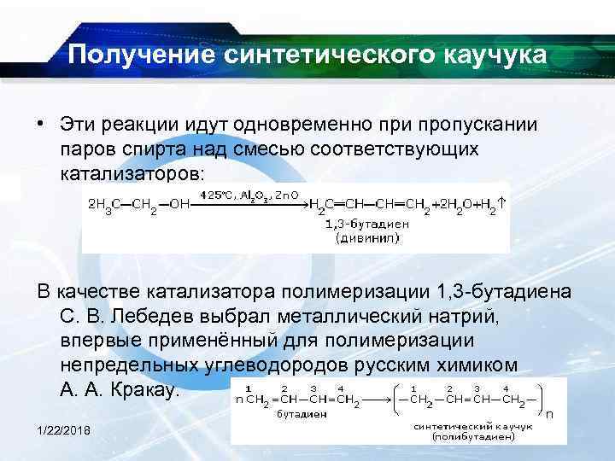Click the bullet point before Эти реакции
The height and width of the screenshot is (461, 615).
(40, 124)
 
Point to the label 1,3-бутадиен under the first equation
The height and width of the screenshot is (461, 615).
(366, 225)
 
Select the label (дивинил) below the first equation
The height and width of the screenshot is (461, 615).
(366, 238)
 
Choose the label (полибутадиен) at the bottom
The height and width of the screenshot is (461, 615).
(472, 436)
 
